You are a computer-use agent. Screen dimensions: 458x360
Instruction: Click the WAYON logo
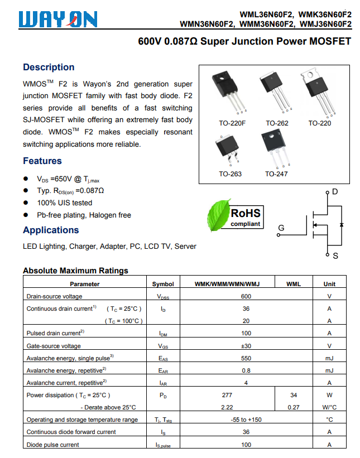[x=58, y=20]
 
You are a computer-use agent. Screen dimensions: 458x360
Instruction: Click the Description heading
[x=49, y=68]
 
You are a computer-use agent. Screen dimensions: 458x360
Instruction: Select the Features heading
[x=42, y=161]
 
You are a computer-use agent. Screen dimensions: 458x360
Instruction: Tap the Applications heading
[x=51, y=230]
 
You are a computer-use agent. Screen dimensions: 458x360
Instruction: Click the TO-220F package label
[x=232, y=123]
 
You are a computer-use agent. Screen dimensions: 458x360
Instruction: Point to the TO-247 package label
[x=276, y=174]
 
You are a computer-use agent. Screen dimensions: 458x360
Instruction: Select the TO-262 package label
[x=277, y=123]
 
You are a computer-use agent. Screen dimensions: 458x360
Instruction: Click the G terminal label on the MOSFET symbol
[x=281, y=228]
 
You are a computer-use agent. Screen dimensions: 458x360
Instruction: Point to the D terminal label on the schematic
[x=335, y=192]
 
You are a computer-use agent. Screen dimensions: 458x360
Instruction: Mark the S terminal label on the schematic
[x=335, y=256]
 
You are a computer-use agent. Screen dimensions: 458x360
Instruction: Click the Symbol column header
[x=163, y=284]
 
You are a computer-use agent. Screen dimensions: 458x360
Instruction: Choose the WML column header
[x=294, y=284]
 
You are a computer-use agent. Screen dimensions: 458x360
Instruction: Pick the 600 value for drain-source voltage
[x=246, y=296]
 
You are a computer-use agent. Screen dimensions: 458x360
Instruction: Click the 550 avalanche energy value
[x=246, y=358]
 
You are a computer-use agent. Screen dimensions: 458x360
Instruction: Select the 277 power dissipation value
[x=227, y=395]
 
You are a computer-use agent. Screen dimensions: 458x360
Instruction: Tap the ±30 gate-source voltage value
[x=246, y=346]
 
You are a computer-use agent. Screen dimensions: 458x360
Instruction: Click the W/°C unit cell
[x=329, y=407]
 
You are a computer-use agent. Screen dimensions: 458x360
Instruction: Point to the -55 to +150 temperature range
[x=246, y=420]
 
